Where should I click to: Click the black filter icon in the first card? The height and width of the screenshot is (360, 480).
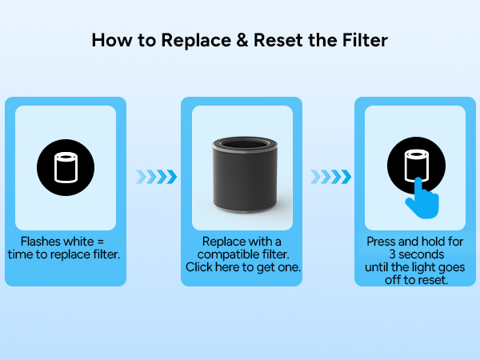66,169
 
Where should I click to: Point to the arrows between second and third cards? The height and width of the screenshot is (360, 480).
329,176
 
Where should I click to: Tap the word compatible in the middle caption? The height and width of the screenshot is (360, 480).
233,254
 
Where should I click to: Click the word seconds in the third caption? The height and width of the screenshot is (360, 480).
412,254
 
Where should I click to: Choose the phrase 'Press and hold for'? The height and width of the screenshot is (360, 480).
415,241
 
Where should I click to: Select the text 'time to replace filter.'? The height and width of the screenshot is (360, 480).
66,254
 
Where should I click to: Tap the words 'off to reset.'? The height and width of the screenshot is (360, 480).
415,279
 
